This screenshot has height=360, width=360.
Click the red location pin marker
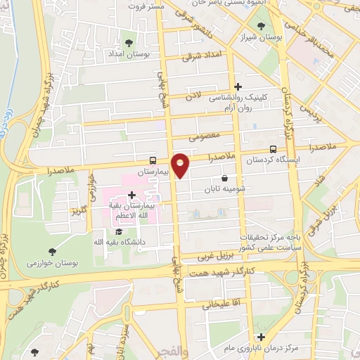click(x=181, y=165)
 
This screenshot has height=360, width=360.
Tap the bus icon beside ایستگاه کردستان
click(x=273, y=149)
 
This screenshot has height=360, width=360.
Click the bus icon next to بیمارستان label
click(x=153, y=160)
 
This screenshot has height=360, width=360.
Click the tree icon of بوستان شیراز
click(x=262, y=26)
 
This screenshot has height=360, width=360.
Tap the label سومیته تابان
click(x=224, y=189)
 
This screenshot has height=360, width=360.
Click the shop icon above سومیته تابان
click(x=224, y=179)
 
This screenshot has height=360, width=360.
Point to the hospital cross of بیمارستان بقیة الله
click(x=131, y=195)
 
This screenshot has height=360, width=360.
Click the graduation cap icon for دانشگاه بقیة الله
click(x=118, y=231)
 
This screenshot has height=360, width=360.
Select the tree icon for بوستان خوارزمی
click(x=53, y=251)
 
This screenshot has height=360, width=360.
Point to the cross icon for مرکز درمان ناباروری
click(x=262, y=337)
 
